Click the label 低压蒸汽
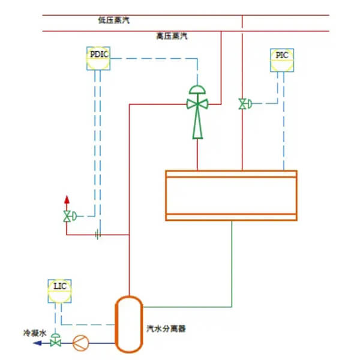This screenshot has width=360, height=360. click(113, 20)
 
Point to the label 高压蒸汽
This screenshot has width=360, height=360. click(172, 37)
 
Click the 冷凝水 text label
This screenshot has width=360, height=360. click(34, 332)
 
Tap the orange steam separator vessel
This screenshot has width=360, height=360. click(128, 324)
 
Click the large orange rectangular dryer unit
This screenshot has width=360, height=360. click(231, 196)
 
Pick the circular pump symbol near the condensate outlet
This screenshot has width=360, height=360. click(80, 343)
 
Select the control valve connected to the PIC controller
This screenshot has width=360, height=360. click(242, 104)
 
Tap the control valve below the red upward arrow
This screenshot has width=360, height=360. click(67, 216)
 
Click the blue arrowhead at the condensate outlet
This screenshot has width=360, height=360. click(37, 343)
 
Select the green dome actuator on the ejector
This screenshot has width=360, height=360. click(197, 89)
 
